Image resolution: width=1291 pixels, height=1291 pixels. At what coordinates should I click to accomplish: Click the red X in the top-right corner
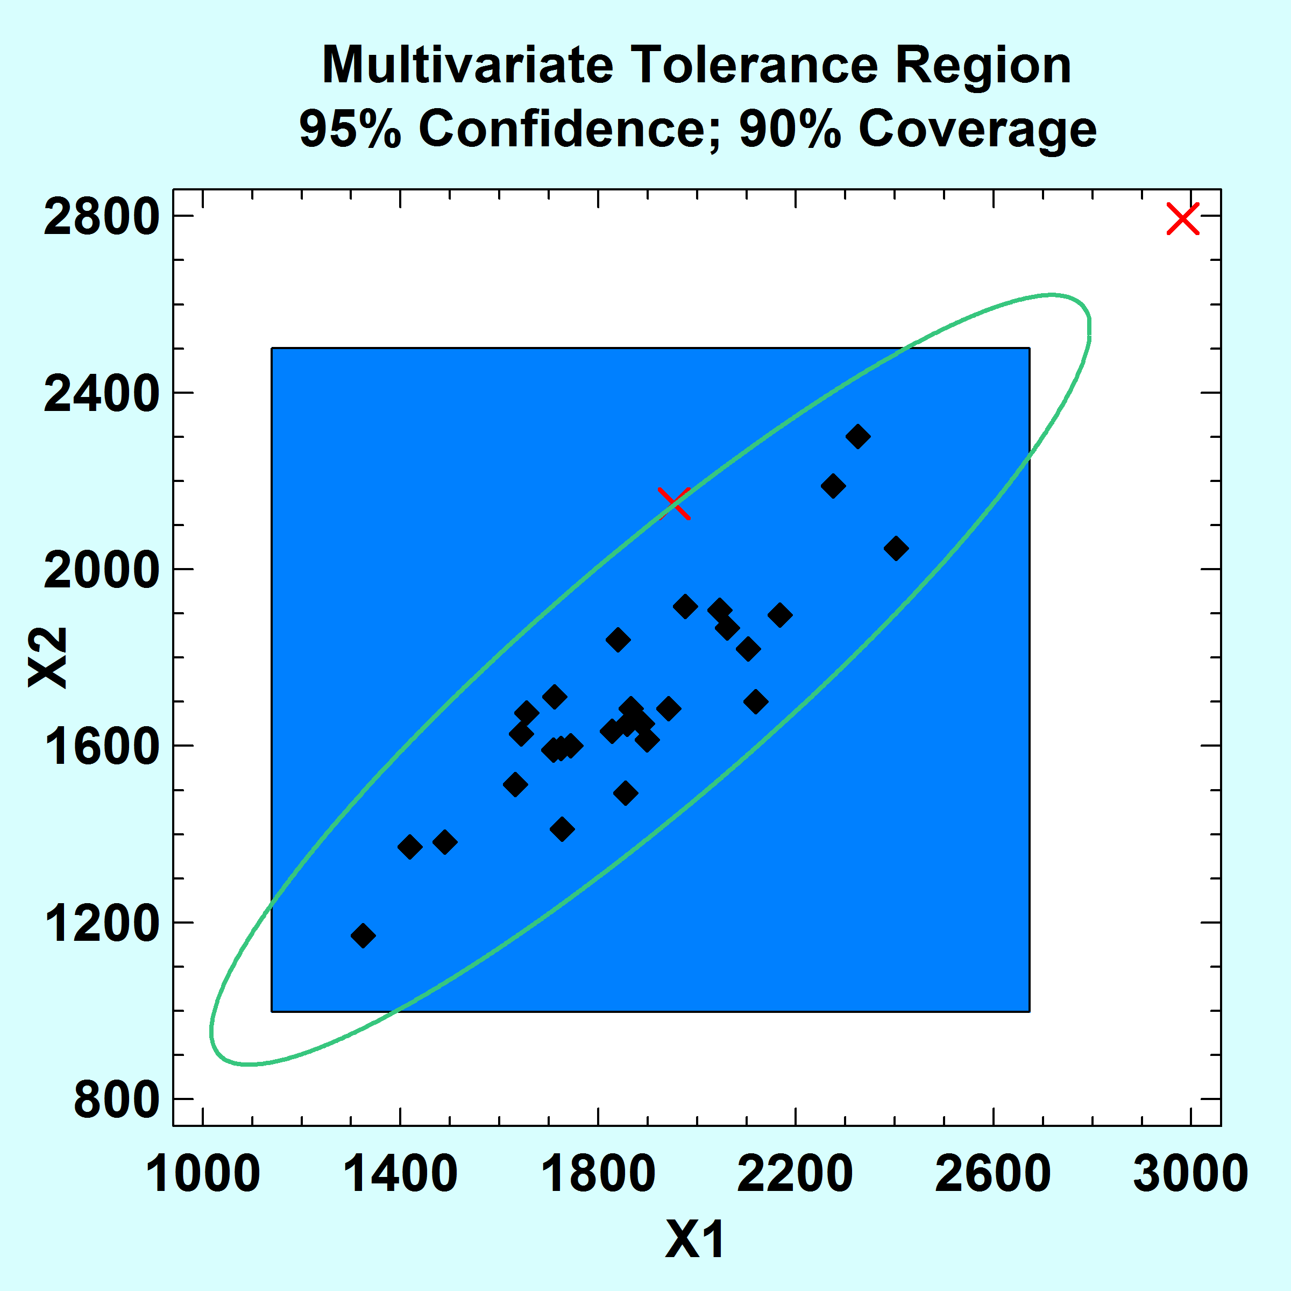1183,218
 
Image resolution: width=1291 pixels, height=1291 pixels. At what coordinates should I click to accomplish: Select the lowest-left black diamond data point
363,935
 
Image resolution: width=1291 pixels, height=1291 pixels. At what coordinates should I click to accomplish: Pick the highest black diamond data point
858,436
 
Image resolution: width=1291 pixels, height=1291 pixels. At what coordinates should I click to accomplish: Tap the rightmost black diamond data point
896,548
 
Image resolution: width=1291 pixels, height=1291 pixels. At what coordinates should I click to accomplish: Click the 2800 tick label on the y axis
101,217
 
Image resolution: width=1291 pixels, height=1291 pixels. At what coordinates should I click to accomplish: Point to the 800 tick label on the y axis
116,1100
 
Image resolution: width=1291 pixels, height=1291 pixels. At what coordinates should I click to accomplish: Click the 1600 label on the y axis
101,747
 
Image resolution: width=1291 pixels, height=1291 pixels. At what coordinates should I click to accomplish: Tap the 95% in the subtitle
350,129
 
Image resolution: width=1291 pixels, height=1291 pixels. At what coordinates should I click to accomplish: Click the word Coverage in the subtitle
977,129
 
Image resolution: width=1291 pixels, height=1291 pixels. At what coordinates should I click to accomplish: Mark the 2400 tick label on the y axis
101,394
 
